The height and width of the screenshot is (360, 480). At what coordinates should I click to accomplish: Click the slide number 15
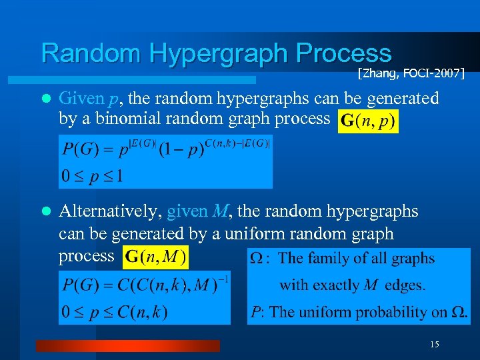pos(435,344)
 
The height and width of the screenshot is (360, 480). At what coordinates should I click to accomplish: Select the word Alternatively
pos(109,212)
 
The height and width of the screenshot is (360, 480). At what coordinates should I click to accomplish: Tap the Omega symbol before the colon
pos(256,259)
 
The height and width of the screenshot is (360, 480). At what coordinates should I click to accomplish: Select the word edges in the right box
pos(403,285)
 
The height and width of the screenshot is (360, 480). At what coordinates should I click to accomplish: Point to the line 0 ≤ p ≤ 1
pos(93,177)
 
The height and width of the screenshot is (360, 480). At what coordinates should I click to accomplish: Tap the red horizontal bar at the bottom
pos(127,345)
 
